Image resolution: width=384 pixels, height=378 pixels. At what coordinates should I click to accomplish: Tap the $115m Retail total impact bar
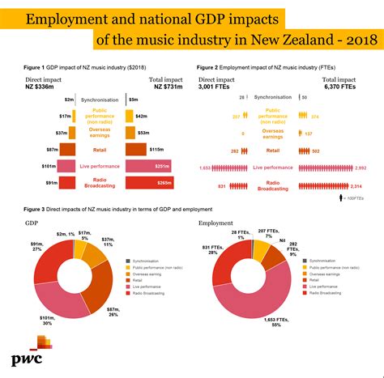136,150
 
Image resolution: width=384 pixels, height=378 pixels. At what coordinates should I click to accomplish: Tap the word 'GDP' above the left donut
32,221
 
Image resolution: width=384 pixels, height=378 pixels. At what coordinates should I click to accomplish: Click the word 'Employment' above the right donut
215,222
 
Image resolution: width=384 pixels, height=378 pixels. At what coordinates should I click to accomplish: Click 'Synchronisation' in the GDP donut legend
153,261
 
